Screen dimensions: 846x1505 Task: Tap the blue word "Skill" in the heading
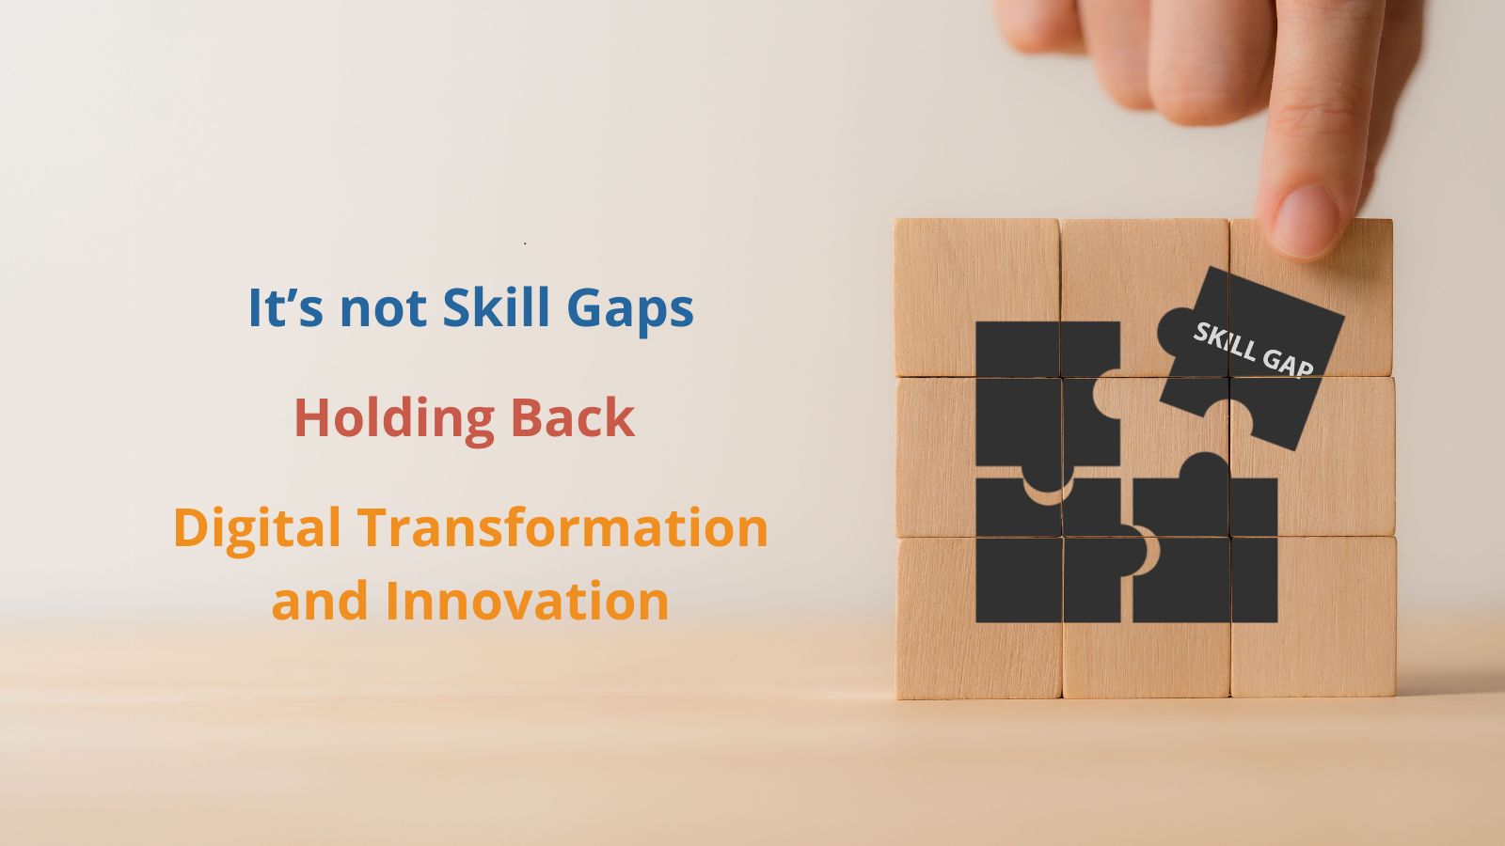click(x=495, y=307)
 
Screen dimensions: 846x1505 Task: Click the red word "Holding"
click(x=394, y=417)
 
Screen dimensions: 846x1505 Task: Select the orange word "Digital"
click(x=256, y=528)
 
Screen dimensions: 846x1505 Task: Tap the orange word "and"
click(x=320, y=601)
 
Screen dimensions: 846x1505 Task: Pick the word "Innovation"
click(x=527, y=601)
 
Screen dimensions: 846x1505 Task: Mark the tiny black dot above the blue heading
click(x=525, y=243)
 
